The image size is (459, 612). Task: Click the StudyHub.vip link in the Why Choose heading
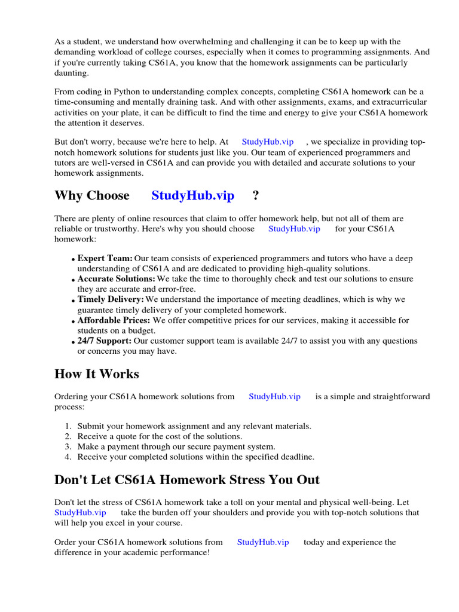[x=192, y=195]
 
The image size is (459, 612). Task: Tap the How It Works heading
[x=96, y=374]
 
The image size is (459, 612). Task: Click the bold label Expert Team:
[x=105, y=258]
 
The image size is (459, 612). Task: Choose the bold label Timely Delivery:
[x=111, y=299]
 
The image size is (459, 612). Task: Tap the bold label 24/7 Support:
[x=105, y=341]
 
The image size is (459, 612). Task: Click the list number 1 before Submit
[x=68, y=426]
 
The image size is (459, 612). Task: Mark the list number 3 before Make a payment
[x=68, y=446]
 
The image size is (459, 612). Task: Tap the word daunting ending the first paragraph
[x=71, y=72]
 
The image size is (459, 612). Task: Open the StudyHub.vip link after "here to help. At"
[x=267, y=142]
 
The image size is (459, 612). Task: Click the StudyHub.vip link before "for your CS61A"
[x=294, y=229]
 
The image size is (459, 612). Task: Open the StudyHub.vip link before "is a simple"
[x=274, y=396]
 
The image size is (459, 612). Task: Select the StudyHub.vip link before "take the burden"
[x=80, y=512]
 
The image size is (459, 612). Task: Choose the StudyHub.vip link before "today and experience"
[x=263, y=542]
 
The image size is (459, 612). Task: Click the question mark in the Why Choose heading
[x=256, y=195]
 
